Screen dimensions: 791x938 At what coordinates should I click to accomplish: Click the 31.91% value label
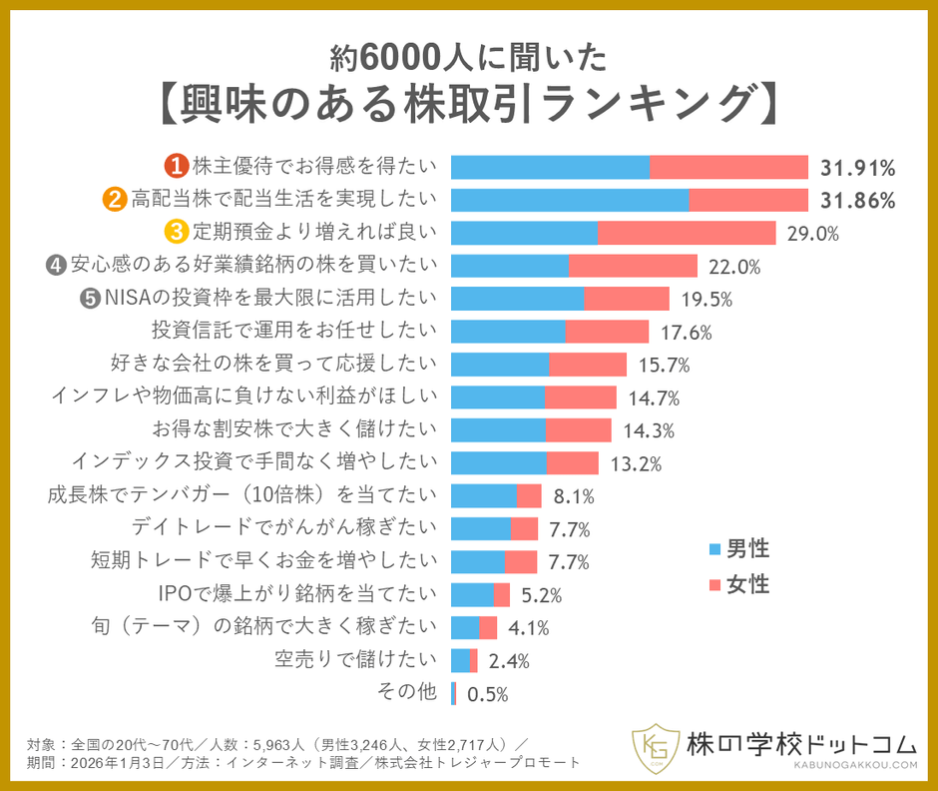857,167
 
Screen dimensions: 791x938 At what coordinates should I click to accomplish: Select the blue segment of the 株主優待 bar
550,167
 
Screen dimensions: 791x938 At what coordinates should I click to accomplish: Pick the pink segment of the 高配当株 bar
747,200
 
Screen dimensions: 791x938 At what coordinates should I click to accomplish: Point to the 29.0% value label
812,233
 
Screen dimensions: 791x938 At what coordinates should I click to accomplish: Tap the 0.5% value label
488,694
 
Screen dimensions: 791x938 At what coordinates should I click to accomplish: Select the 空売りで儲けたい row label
355,659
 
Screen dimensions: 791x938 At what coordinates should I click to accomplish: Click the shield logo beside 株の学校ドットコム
655,746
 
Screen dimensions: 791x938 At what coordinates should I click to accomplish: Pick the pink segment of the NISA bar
627,299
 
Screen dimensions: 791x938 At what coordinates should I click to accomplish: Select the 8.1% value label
574,496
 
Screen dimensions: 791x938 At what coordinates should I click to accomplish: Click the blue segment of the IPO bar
472,595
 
